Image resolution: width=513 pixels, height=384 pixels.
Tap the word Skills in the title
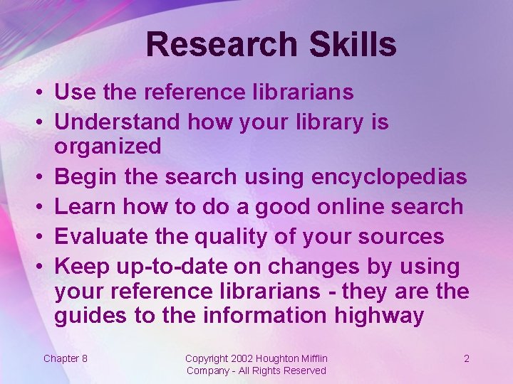point(352,44)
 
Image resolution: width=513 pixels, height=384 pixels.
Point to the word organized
point(108,146)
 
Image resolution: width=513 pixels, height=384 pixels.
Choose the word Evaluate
point(103,236)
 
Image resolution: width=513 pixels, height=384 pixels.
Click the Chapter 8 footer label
point(66,358)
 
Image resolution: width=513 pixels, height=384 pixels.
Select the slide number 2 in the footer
point(467,358)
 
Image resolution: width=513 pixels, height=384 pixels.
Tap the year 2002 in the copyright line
point(242,358)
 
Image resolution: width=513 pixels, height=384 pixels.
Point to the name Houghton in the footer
point(277,358)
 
